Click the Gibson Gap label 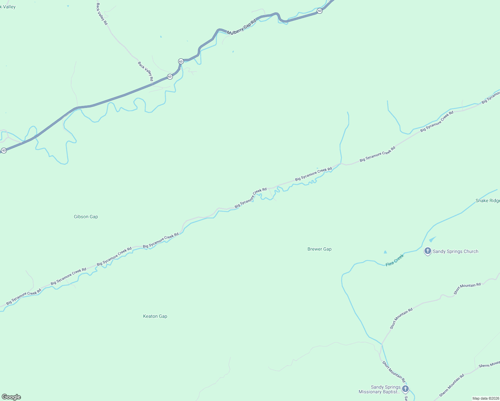86,217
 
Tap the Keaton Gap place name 155,316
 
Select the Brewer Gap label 320,249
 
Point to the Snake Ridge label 488,200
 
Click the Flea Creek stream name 395,260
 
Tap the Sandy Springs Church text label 456,251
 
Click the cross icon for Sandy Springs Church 427,251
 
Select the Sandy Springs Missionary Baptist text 379,389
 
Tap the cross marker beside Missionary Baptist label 405,389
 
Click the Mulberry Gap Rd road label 241,27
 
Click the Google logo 11,397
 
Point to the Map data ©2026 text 485,398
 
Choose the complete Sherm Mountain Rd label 452,385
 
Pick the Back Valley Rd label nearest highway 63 146,71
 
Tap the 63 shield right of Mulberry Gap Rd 320,11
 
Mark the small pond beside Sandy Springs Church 432,239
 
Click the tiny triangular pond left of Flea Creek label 385,252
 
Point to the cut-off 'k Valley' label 8,7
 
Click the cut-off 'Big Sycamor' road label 491,97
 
